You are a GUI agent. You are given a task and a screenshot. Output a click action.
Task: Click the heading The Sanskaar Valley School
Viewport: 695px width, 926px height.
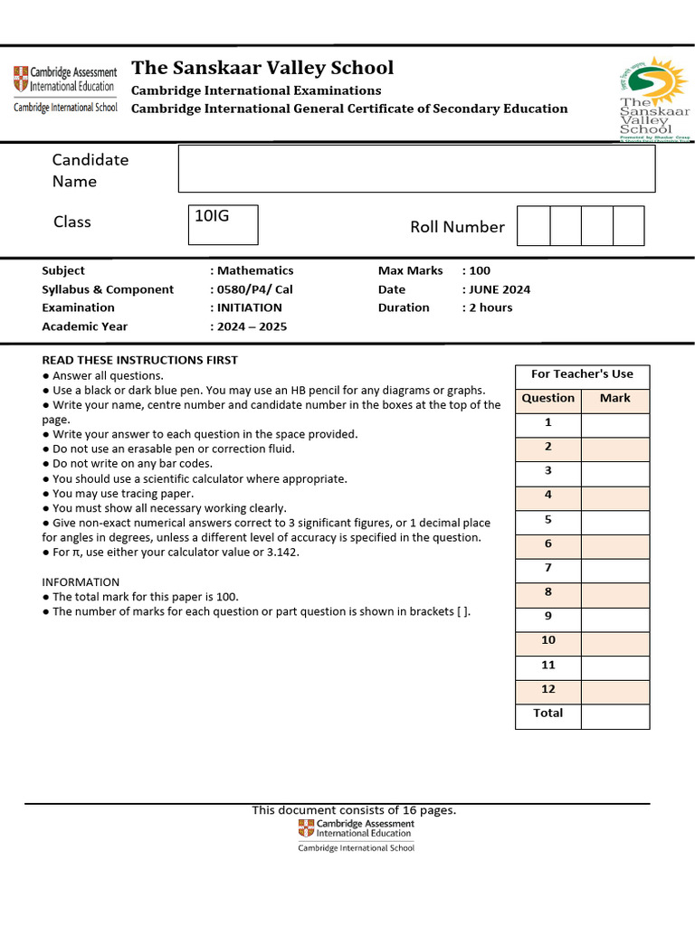point(262,68)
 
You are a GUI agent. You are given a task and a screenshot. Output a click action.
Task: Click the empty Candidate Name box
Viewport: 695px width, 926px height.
point(416,169)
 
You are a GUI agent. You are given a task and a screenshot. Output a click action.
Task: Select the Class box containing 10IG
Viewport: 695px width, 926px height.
point(223,224)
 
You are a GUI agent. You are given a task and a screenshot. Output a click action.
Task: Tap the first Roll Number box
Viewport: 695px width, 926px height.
point(533,226)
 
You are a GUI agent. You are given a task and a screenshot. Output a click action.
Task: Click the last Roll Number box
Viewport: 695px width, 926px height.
point(628,226)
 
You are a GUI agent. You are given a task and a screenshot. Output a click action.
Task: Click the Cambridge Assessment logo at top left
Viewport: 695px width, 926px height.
point(65,88)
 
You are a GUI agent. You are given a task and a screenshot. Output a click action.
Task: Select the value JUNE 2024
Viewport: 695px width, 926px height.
point(499,289)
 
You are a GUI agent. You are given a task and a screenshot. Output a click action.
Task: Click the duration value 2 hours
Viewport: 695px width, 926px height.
point(490,307)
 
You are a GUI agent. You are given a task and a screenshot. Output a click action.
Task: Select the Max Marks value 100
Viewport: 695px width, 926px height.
point(480,270)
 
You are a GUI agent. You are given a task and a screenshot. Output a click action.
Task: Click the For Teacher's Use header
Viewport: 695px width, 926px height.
point(582,373)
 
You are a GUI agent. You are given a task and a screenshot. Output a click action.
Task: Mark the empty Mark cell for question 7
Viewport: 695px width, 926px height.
point(614,568)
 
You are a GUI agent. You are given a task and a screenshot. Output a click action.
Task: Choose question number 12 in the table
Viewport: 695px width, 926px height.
point(547,689)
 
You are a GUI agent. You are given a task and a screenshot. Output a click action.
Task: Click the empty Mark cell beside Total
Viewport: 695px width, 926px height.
point(614,713)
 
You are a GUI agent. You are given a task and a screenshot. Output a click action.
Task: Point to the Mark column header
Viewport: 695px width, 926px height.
point(614,398)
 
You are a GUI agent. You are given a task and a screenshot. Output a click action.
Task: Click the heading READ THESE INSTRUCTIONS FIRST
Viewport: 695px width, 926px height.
point(139,360)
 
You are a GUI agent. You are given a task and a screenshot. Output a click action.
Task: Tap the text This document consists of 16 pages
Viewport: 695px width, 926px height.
point(354,810)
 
